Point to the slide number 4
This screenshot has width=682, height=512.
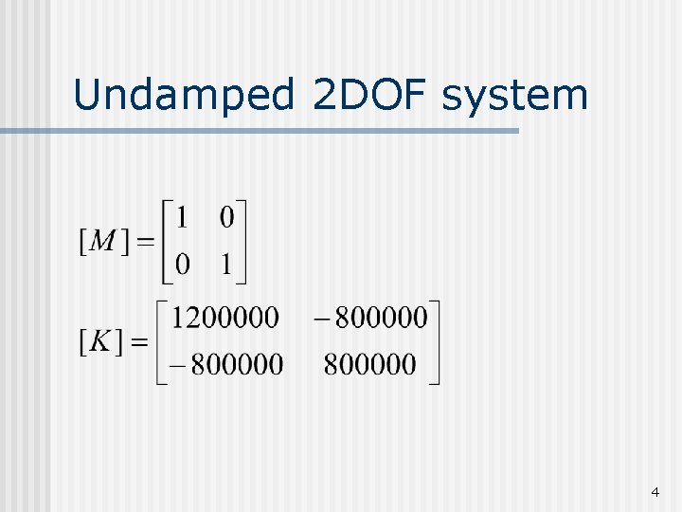(655, 492)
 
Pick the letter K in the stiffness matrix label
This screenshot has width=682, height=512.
(100, 341)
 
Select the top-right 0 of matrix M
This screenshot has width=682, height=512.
(226, 218)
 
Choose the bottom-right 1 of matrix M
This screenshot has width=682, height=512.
(226, 265)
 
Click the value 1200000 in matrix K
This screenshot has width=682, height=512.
(224, 317)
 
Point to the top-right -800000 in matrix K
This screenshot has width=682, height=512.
(368, 317)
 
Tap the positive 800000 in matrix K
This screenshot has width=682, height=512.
(369, 364)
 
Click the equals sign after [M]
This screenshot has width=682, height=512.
(145, 243)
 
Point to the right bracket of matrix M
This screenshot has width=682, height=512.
(242, 241)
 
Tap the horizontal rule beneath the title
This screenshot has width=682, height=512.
(260, 131)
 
